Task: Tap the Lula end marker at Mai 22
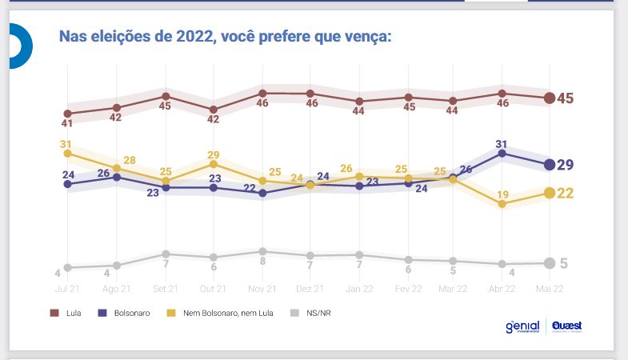click(x=550, y=98)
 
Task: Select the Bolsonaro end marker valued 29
click(x=550, y=165)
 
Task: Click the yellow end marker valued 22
click(x=550, y=193)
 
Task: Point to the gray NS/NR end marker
click(x=550, y=263)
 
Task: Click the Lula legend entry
click(x=67, y=313)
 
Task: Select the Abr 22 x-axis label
click(x=501, y=288)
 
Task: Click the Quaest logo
click(x=566, y=327)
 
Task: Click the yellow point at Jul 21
click(x=68, y=153)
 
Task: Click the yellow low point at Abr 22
click(x=502, y=204)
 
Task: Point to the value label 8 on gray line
click(x=262, y=262)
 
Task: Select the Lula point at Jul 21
click(x=68, y=114)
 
